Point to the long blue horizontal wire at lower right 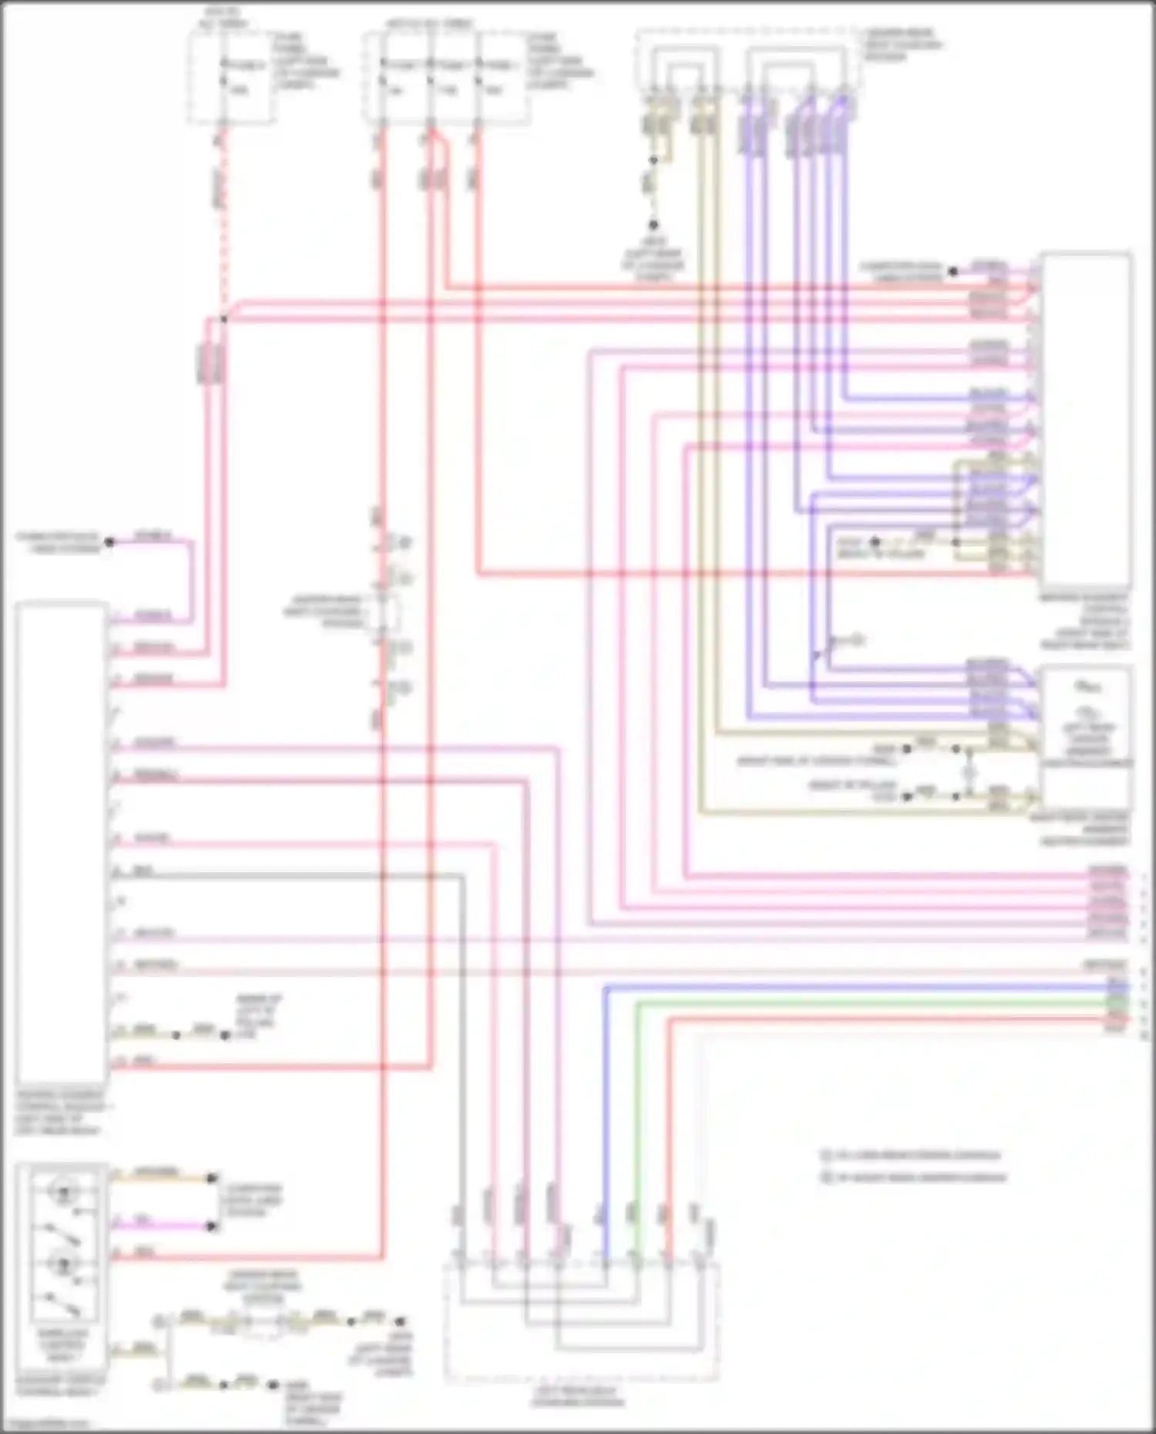[x=848, y=987]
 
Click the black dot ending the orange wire [x=212, y=1177]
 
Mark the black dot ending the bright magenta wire [x=212, y=1226]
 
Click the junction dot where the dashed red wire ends [x=223, y=318]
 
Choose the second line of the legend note [x=917, y=1177]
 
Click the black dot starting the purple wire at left [x=109, y=542]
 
